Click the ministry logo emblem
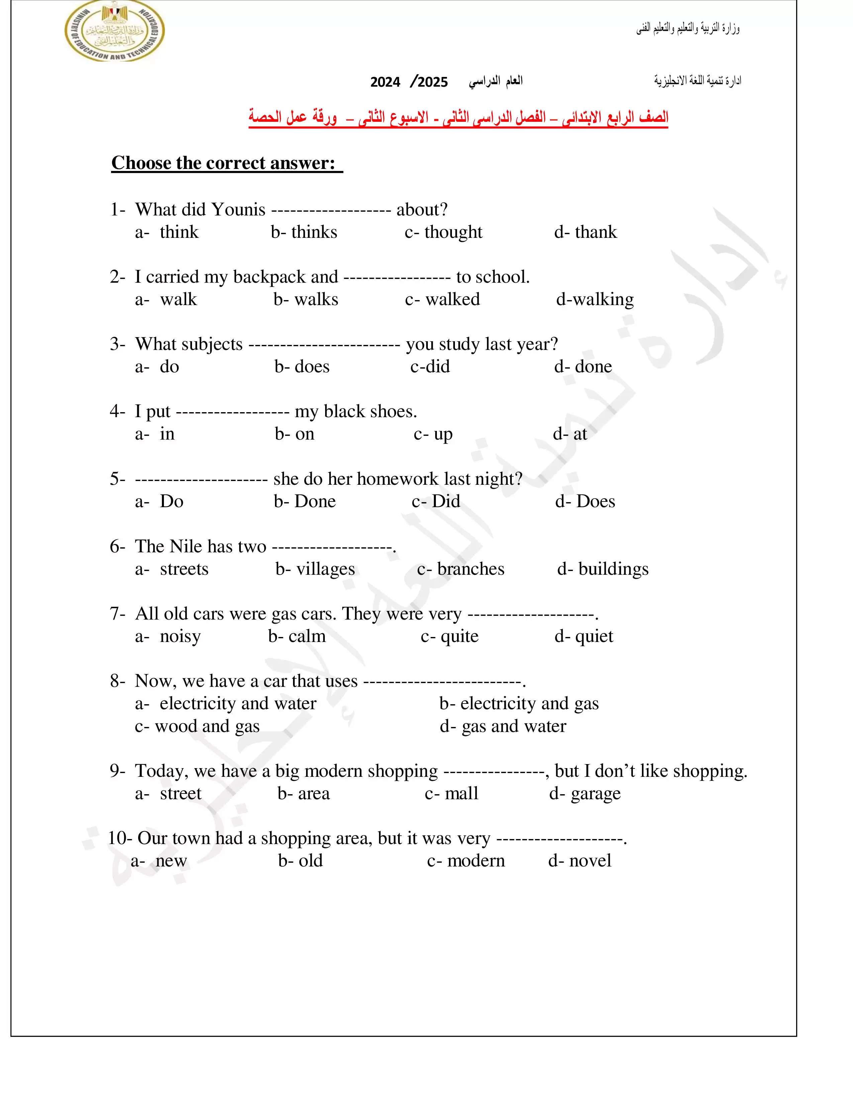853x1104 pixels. tap(115, 31)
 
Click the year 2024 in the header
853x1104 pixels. tap(385, 82)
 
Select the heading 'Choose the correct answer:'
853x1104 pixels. tap(223, 163)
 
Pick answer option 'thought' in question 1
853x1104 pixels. tap(453, 232)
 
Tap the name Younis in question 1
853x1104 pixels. tap(238, 209)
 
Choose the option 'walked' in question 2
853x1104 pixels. tap(452, 299)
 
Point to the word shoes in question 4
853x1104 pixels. tap(395, 411)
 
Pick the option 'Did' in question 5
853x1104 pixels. tap(446, 501)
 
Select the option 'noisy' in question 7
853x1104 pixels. tap(180, 636)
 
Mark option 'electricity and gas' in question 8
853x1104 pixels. tap(529, 704)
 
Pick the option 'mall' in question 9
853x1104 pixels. tap(461, 794)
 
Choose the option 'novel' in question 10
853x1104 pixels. tap(590, 861)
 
